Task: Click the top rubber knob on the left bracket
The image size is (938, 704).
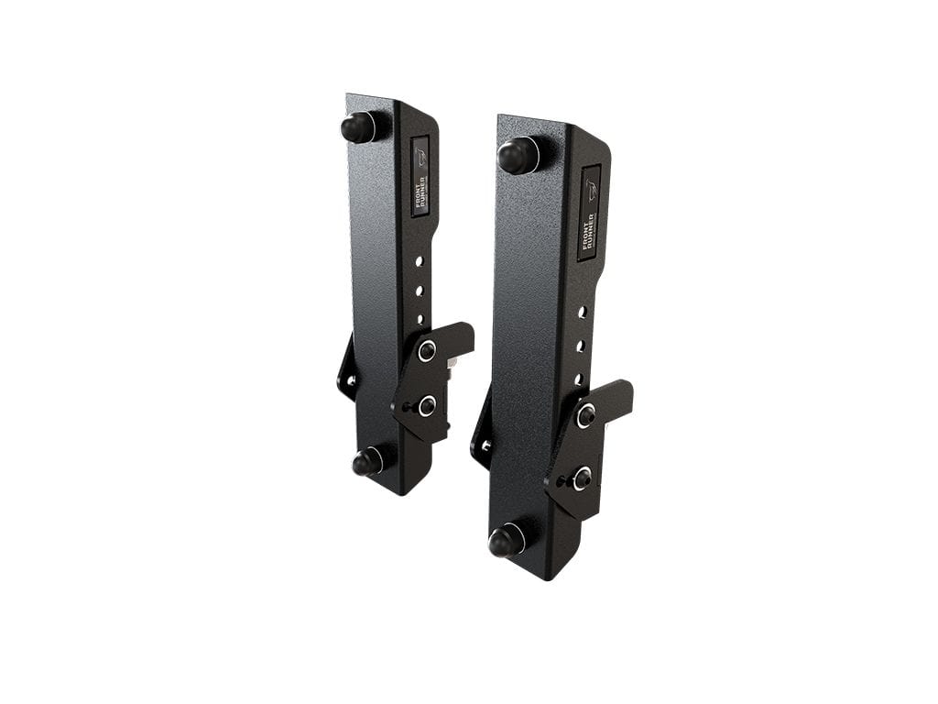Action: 359,126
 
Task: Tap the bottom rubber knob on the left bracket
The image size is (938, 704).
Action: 368,461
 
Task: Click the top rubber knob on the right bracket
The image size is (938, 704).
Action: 518,155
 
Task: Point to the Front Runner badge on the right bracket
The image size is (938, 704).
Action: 589,214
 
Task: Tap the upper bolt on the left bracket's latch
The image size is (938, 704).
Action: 427,350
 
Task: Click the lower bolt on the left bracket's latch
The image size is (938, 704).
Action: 426,405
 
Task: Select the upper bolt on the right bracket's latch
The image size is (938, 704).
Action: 585,415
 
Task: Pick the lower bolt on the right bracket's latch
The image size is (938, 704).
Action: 580,478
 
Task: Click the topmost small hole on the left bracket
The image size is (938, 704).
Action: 419,261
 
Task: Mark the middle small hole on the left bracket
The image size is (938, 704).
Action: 419,291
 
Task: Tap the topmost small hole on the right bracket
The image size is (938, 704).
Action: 581,313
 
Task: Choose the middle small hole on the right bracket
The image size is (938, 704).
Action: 580,346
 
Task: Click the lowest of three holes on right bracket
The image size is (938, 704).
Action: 579,378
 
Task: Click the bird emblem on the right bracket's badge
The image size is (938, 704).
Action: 591,190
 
